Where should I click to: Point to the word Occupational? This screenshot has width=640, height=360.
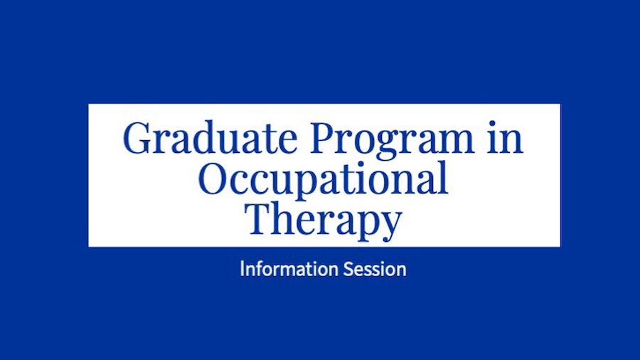pyautogui.click(x=323, y=179)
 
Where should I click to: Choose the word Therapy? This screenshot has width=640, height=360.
pyautogui.click(x=323, y=220)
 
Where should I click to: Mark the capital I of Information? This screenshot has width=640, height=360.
pyautogui.click(x=242, y=270)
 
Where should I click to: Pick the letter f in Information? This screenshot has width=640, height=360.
pyautogui.click(x=257, y=269)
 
